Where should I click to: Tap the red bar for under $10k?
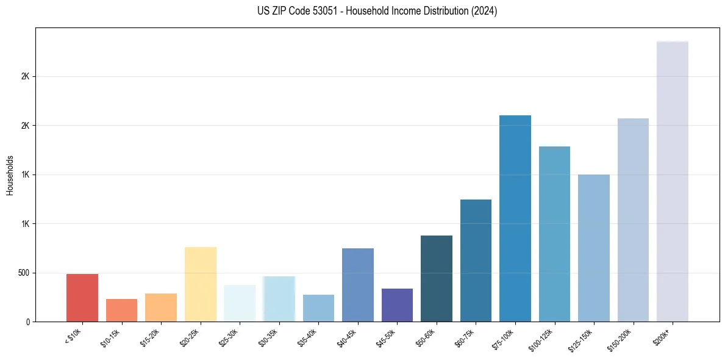pos(82,298)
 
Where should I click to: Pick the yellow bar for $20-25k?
pos(201,284)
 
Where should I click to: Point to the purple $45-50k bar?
pos(397,305)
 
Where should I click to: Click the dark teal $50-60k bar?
pos(437,278)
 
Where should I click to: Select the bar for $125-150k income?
pos(593,248)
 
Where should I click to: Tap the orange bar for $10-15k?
pos(121,310)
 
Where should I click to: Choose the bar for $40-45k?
pos(358,285)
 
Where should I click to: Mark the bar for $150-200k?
pos(633,220)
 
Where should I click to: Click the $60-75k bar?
pos(476,261)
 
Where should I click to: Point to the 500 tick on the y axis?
pos(24,273)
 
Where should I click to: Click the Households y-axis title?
pos(10,175)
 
